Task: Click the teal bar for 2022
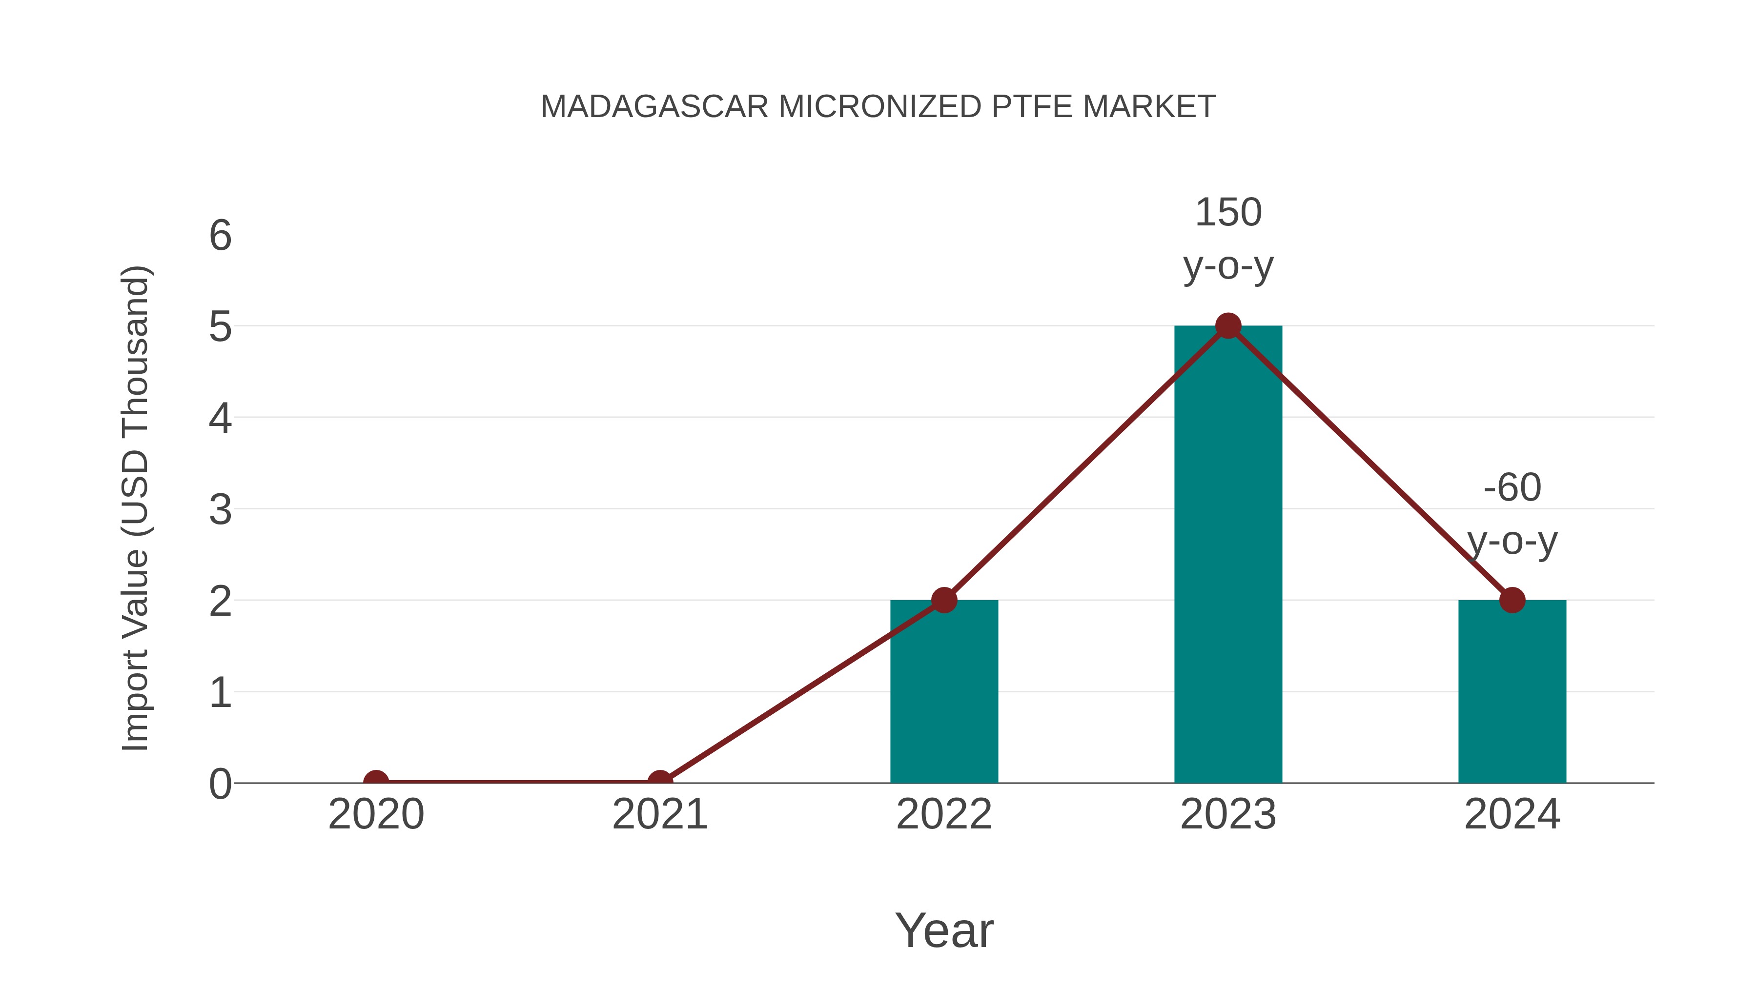(944, 691)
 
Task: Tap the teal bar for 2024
(1512, 691)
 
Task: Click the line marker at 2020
(376, 782)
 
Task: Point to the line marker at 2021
(659, 782)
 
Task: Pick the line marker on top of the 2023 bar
(1228, 326)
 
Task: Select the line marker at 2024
(1512, 600)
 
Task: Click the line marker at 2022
(944, 600)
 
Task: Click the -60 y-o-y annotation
(1512, 514)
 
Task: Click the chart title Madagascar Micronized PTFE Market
(878, 106)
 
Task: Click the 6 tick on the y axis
(220, 236)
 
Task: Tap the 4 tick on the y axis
(220, 418)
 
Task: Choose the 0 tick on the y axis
(220, 784)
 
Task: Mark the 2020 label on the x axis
(376, 814)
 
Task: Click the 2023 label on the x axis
(1228, 814)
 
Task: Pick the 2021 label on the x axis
(659, 814)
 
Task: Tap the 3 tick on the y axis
(220, 509)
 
